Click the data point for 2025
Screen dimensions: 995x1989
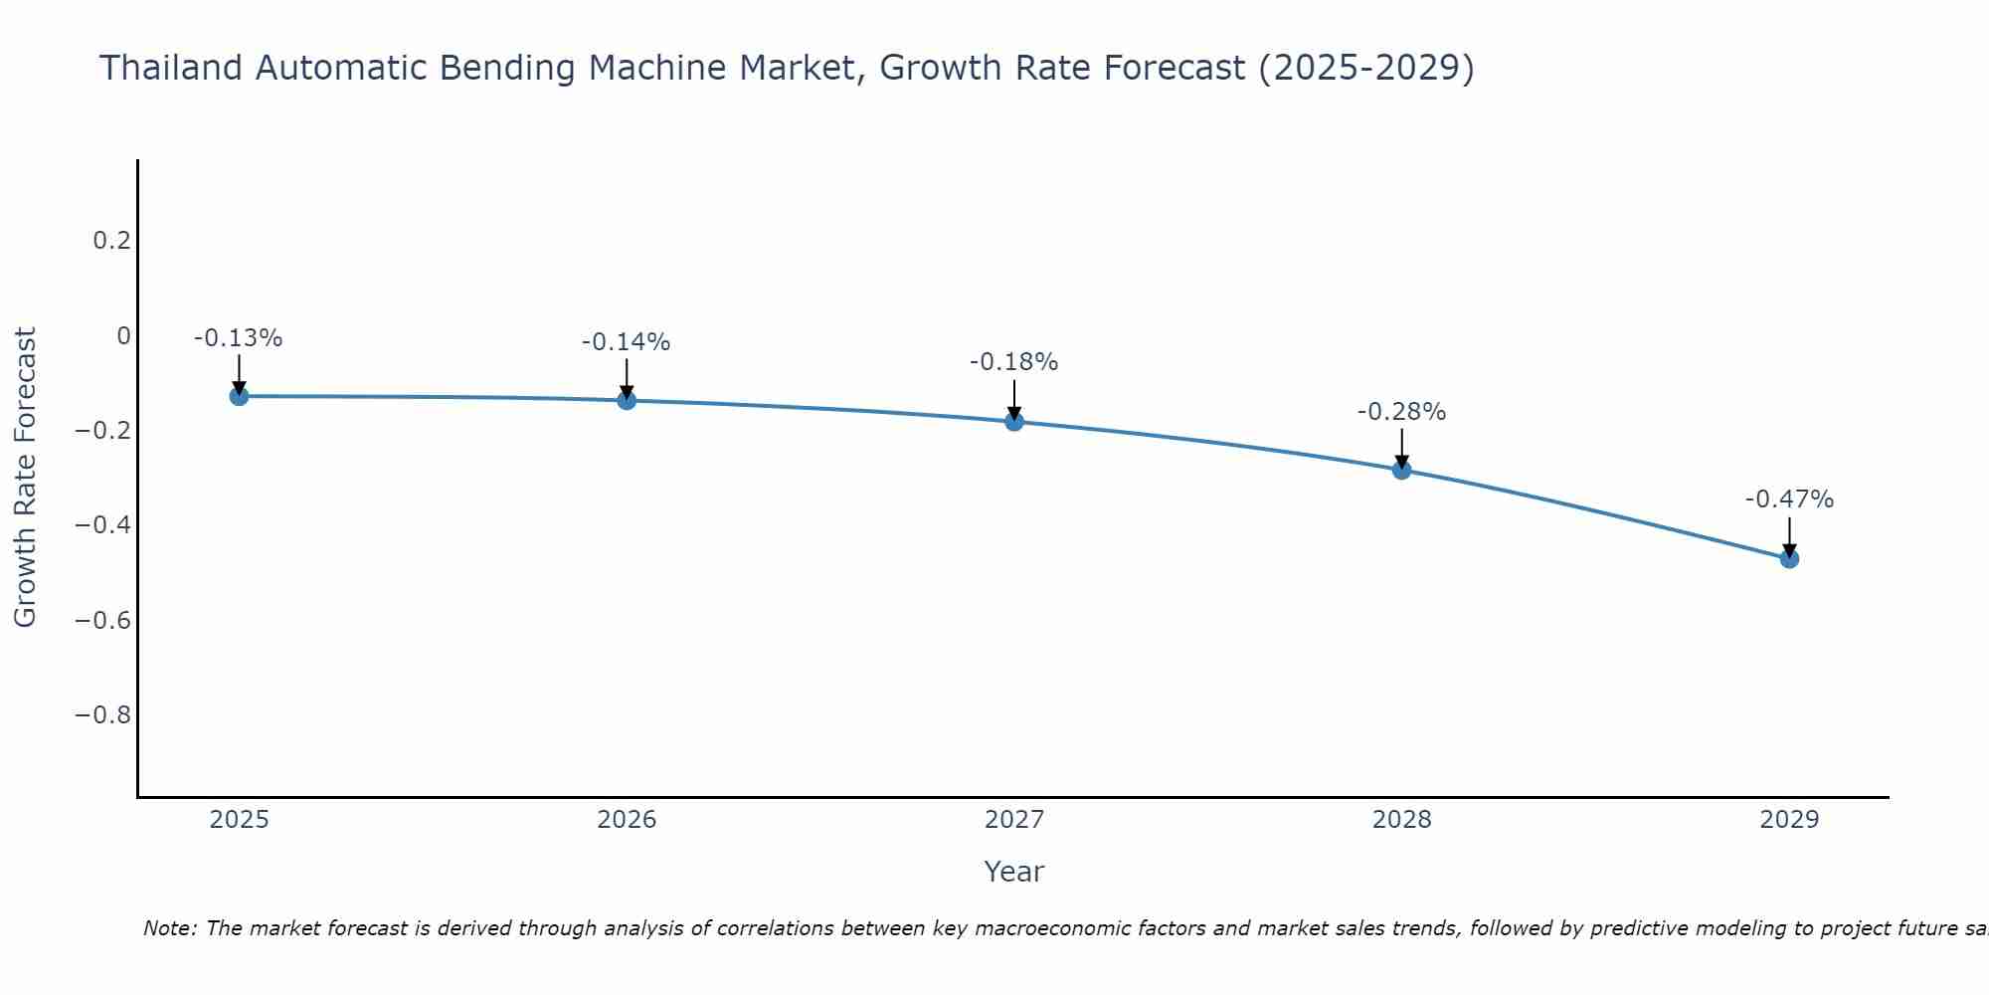pos(239,396)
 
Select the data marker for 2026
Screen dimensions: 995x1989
pos(627,400)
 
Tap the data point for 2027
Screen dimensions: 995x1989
pos(1014,421)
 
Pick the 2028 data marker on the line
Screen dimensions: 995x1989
pos(1402,470)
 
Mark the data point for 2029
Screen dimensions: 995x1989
pos(1789,559)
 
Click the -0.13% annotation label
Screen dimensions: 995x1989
pos(239,338)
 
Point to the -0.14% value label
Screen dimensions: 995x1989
pos(627,342)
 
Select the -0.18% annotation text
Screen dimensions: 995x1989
pos(1014,362)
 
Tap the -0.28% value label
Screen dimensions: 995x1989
pos(1402,412)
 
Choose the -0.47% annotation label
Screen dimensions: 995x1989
pos(1789,499)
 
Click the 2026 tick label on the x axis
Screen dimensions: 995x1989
pos(627,820)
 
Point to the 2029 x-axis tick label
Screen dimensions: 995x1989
pos(1789,820)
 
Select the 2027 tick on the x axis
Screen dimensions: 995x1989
pos(1014,820)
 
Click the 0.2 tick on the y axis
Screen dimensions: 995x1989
pos(112,241)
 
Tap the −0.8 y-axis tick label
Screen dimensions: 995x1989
pos(103,715)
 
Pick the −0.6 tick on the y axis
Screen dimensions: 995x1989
pos(103,621)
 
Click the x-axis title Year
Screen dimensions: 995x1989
pos(1013,872)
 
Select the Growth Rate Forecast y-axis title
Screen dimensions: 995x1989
pos(26,478)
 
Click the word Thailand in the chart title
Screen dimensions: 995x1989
pos(171,68)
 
